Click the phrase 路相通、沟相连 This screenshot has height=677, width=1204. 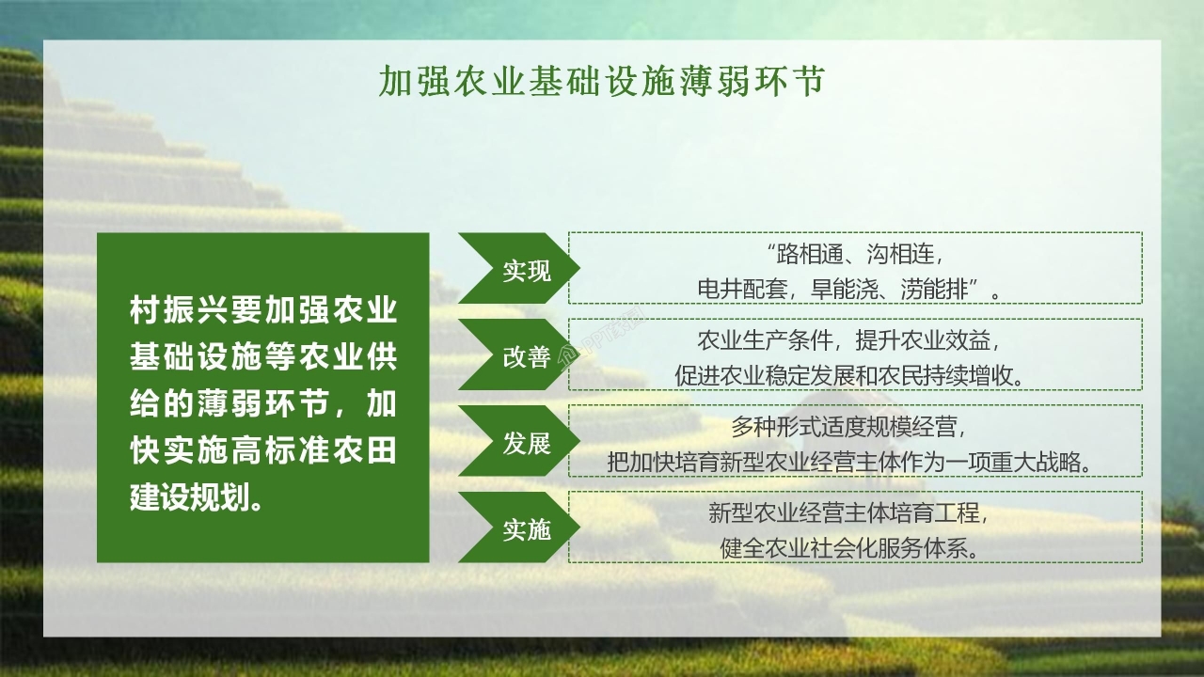(x=854, y=254)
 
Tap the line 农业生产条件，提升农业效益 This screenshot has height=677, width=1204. (x=854, y=339)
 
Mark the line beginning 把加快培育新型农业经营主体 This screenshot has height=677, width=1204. (x=854, y=462)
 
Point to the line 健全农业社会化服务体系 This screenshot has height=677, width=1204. (x=854, y=547)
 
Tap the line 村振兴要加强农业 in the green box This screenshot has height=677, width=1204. (x=263, y=309)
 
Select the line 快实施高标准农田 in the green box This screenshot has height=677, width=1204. (x=263, y=451)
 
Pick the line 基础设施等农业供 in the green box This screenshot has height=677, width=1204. (x=263, y=357)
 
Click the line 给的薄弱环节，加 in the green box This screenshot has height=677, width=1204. (x=263, y=404)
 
